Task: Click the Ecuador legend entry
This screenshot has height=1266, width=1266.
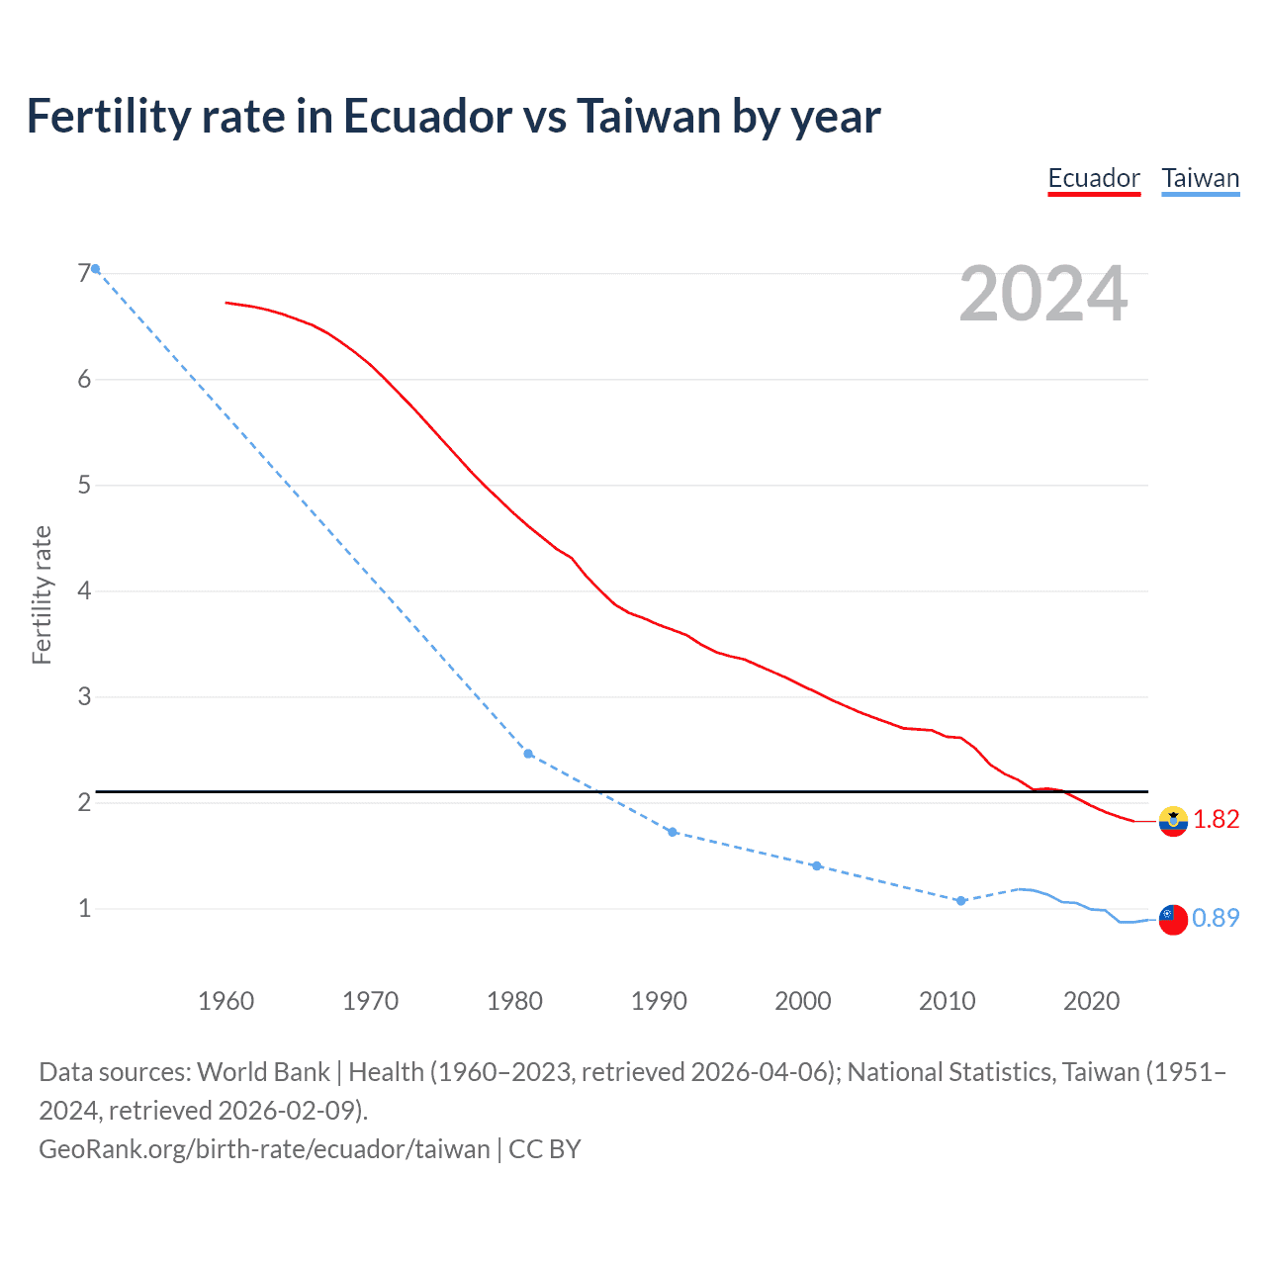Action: coord(1094,179)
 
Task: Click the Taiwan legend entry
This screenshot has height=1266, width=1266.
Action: coord(1200,179)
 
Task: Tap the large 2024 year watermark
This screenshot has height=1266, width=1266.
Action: coord(1043,294)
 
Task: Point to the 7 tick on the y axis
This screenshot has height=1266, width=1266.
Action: coord(84,274)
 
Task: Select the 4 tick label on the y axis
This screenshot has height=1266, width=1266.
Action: coord(84,591)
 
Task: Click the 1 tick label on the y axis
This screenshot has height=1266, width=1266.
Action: coord(84,908)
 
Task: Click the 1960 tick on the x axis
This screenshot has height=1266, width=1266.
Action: coord(226,1001)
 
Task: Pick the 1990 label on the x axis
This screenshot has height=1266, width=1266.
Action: coord(659,1001)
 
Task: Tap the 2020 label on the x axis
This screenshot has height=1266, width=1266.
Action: coord(1091,1001)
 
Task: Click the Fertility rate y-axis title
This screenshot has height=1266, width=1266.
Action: coord(42,594)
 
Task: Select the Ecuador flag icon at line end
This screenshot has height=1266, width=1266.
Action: coord(1173,821)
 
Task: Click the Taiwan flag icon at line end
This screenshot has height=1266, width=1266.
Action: coord(1173,919)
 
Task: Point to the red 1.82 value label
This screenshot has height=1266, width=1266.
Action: coord(1216,820)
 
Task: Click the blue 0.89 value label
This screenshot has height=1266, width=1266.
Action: coord(1216,919)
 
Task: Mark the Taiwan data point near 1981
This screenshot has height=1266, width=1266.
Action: coord(528,754)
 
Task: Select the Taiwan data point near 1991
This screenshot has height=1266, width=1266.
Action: coord(673,832)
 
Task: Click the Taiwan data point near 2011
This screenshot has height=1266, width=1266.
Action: coord(960,901)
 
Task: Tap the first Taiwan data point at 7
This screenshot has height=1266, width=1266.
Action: coord(95,269)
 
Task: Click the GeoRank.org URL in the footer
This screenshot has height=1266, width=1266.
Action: coord(264,1149)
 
